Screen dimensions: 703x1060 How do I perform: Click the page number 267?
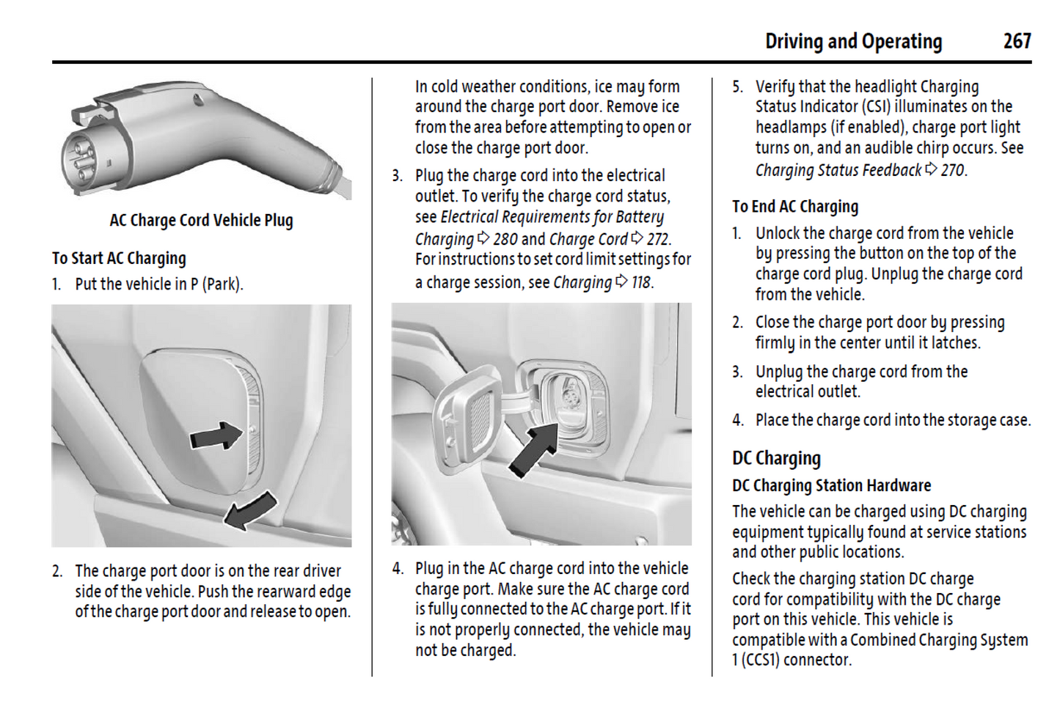[1017, 41]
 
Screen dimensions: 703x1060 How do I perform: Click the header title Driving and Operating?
[853, 42]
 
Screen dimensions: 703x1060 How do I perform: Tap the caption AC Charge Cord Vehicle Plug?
[201, 221]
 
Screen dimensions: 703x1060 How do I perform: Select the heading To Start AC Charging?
[119, 258]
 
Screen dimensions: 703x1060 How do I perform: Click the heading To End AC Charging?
[794, 207]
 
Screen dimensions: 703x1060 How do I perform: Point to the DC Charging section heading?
[776, 458]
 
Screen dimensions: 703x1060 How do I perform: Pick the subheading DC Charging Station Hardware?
[831, 485]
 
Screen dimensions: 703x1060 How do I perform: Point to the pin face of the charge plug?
[81, 158]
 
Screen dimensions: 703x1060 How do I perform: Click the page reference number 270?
[953, 170]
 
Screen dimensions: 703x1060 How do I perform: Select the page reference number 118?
[641, 282]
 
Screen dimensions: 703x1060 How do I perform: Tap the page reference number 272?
[658, 239]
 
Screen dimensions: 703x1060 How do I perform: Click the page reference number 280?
[505, 239]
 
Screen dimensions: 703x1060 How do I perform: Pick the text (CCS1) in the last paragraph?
[758, 660]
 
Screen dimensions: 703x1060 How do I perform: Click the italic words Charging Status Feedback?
[838, 170]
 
